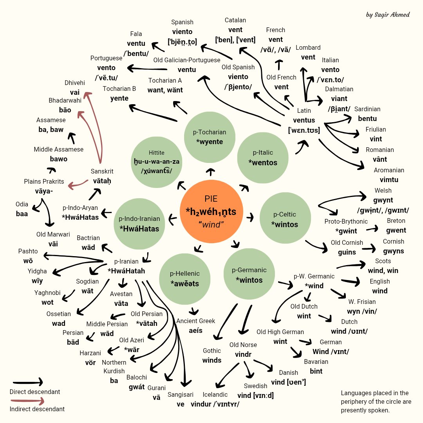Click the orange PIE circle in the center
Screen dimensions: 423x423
pyautogui.click(x=211, y=212)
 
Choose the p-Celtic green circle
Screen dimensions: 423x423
pyautogui.click(x=285, y=219)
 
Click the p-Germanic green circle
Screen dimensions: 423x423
pyautogui.click(x=249, y=275)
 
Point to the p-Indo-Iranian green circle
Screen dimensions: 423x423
pyautogui.click(x=139, y=224)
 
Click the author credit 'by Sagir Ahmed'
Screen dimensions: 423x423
pyautogui.click(x=387, y=15)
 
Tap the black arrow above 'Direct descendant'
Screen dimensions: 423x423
pyautogui.click(x=27, y=382)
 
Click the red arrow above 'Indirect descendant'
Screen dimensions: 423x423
pyautogui.click(x=27, y=401)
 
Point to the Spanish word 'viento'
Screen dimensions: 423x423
pyautogui.click(x=182, y=32)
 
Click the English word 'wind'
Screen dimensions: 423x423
pyautogui.click(x=380, y=291)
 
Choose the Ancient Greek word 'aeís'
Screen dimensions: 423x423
pyautogui.click(x=195, y=330)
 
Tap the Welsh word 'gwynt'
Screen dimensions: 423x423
pyautogui.click(x=383, y=200)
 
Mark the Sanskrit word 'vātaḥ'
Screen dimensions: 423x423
pyautogui.click(x=102, y=181)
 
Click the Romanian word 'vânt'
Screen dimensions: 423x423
pyautogui.click(x=380, y=159)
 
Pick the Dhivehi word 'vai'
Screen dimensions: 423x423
pyautogui.click(x=74, y=92)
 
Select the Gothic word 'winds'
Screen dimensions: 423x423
pyautogui.click(x=212, y=360)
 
